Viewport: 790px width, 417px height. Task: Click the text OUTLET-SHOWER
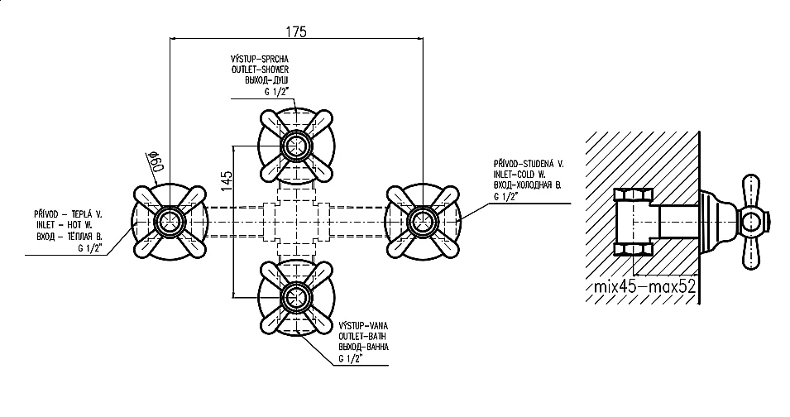260,70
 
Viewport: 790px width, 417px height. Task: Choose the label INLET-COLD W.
519,175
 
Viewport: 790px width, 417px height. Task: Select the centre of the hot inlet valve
170,221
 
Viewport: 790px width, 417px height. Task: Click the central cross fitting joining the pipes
295,221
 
